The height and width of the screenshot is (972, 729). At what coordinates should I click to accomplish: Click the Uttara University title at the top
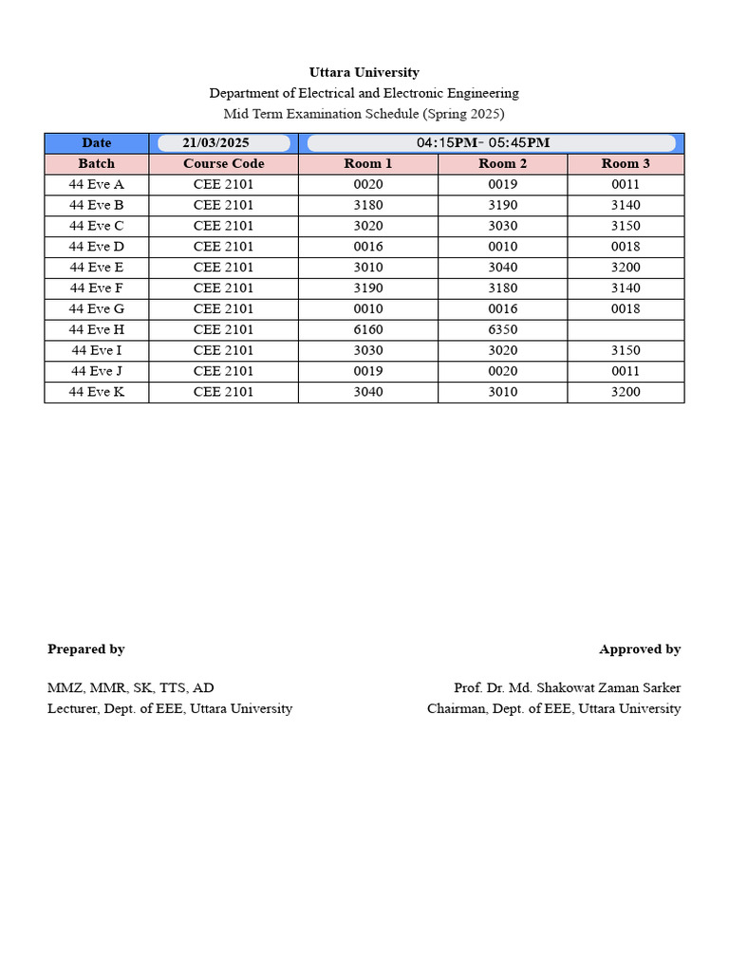(x=364, y=72)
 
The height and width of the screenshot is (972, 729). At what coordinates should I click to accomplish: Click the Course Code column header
(x=223, y=164)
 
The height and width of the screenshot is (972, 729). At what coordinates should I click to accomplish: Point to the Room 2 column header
(x=502, y=164)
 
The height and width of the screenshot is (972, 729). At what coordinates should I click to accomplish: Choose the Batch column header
(x=96, y=164)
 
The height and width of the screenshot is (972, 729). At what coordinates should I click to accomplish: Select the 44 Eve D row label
(x=96, y=247)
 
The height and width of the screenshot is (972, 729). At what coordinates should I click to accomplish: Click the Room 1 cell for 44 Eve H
(x=367, y=329)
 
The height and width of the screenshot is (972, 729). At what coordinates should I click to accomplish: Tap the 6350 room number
(x=502, y=329)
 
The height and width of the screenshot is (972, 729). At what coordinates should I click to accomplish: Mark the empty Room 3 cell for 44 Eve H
(x=626, y=329)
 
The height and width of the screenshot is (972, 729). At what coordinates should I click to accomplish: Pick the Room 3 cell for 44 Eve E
(x=626, y=268)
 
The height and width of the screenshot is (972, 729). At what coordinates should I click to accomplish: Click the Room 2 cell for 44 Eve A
(x=502, y=185)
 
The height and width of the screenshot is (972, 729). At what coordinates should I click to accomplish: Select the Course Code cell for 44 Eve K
(x=223, y=392)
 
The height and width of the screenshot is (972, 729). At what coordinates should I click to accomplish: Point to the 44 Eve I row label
(x=96, y=350)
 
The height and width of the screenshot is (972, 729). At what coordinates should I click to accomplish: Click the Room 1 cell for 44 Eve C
(x=367, y=226)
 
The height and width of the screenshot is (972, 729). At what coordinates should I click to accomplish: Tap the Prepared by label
(x=86, y=649)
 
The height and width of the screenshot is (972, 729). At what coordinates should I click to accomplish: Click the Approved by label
(x=639, y=649)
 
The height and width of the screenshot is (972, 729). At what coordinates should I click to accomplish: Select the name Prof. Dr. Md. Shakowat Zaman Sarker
(x=567, y=687)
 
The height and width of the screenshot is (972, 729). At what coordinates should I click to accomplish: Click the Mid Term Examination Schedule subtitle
(x=364, y=114)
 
